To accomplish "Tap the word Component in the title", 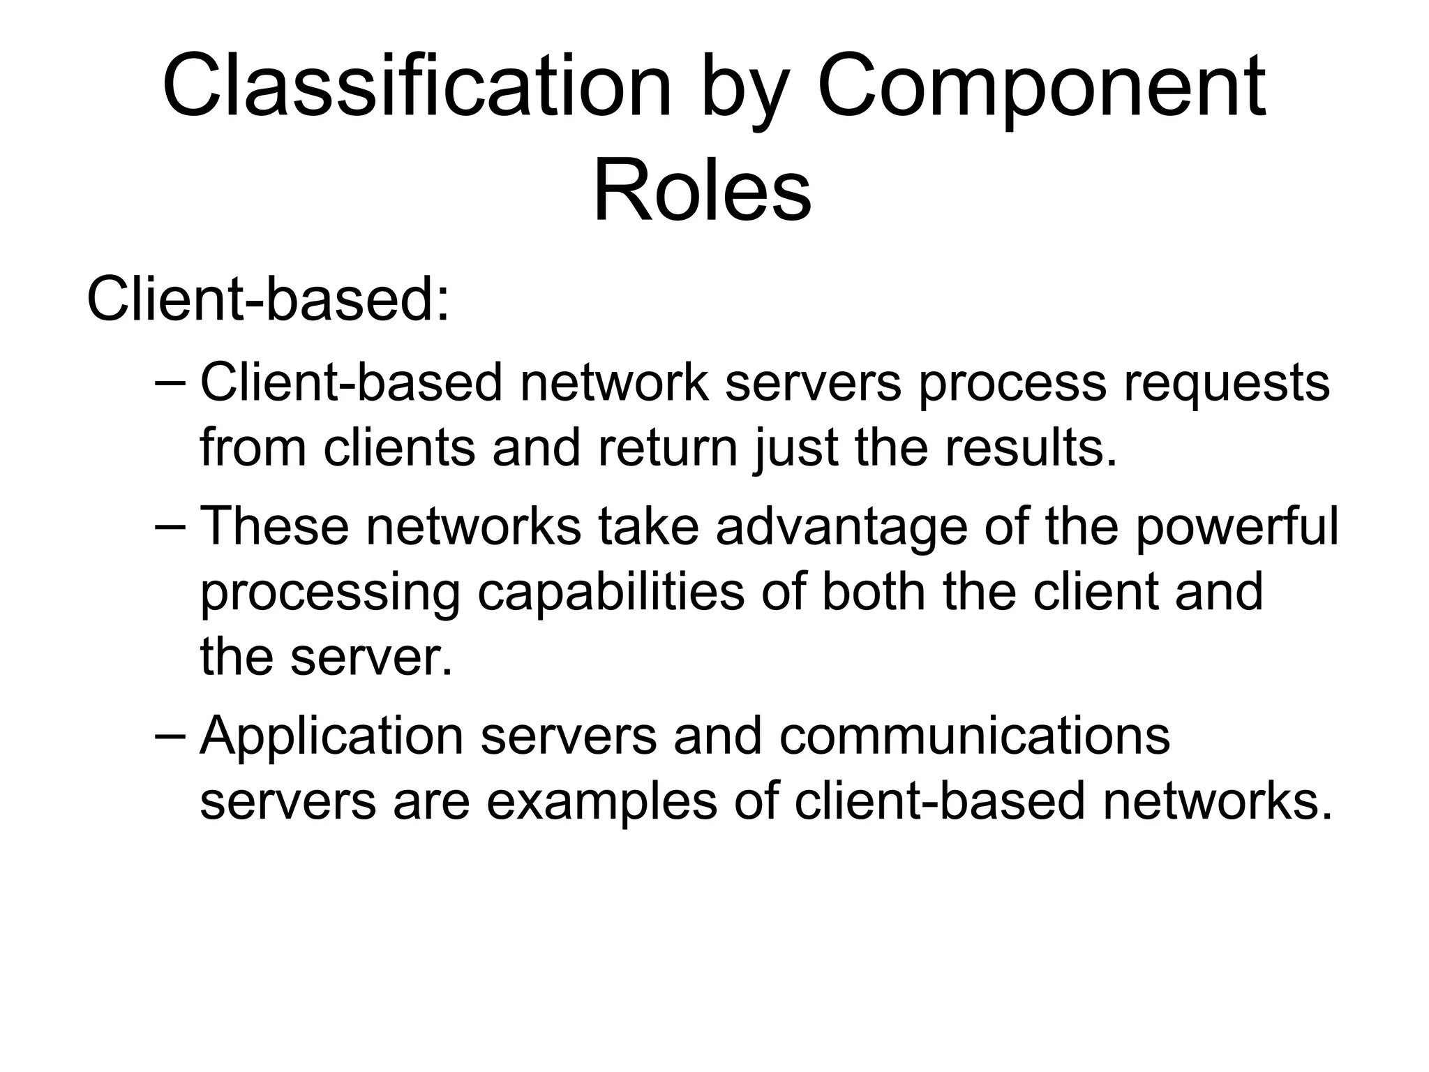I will (x=1041, y=87).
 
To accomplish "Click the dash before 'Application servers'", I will (x=170, y=736).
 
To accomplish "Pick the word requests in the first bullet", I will (x=1227, y=383).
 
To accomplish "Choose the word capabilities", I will (x=611, y=592).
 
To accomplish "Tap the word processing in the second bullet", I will (x=330, y=592).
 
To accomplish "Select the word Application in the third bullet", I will (x=331, y=736).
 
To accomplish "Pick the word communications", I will (x=974, y=736).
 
